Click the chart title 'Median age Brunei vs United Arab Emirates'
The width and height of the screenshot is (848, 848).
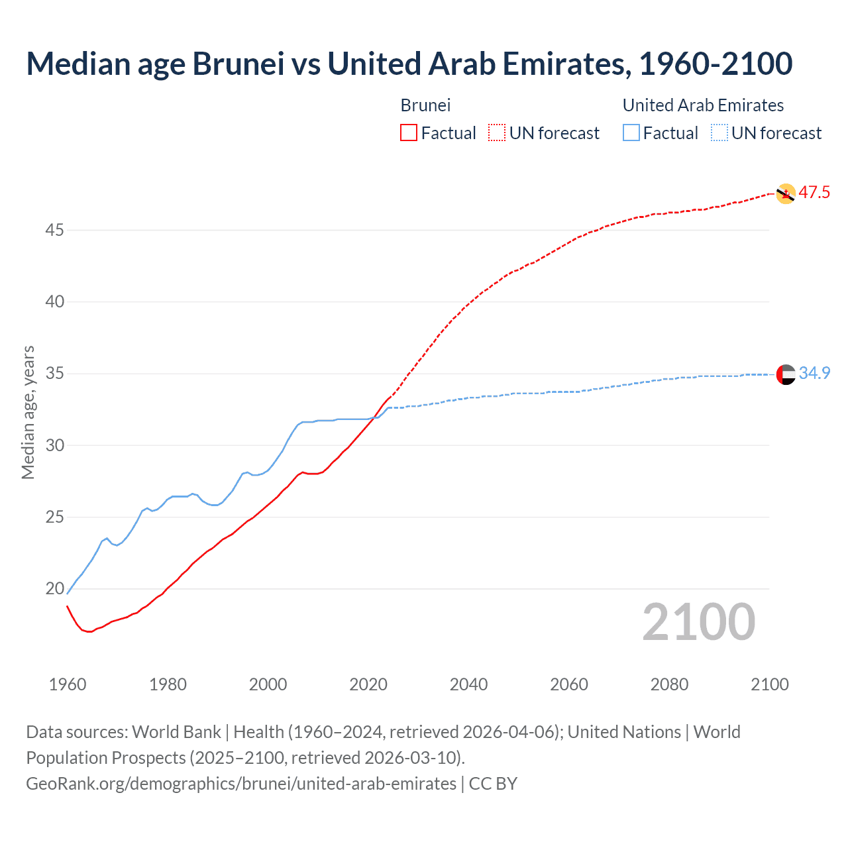click(x=409, y=64)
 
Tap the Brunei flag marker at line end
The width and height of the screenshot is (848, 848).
click(x=786, y=193)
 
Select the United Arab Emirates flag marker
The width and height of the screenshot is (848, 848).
click(x=786, y=374)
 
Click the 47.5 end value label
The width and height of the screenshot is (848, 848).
click(x=814, y=193)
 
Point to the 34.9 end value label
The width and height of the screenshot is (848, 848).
click(x=814, y=374)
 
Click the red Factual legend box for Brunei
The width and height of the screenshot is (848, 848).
click(x=409, y=133)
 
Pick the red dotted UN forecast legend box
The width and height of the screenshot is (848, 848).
click(x=497, y=133)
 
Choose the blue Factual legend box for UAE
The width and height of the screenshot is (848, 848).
click(x=631, y=133)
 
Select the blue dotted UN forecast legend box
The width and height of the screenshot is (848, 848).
click(x=719, y=133)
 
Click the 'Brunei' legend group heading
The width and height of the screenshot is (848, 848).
click(x=425, y=105)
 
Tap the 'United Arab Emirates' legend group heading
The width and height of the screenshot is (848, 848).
click(x=703, y=105)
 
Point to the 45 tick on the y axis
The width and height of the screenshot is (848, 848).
click(x=55, y=231)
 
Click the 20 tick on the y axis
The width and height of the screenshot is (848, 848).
click(x=55, y=589)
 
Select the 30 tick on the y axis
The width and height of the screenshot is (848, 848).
click(x=55, y=445)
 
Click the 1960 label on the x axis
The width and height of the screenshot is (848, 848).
click(x=68, y=684)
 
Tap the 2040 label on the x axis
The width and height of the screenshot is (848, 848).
click(x=468, y=684)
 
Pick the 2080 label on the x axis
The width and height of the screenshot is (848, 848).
click(x=669, y=684)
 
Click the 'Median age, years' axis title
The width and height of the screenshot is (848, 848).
click(x=28, y=412)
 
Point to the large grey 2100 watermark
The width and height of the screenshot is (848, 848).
click(x=698, y=622)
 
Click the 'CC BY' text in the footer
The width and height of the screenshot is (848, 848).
click(x=493, y=784)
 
